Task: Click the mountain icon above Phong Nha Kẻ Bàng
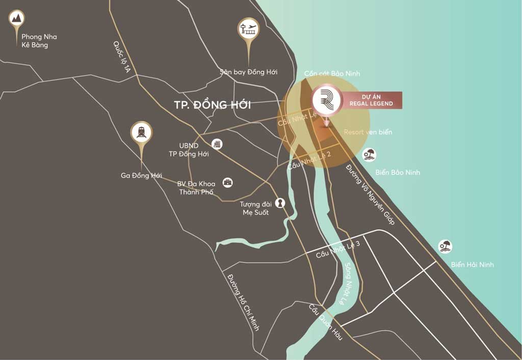(17, 19)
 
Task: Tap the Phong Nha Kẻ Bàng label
(39, 41)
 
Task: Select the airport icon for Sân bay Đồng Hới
(248, 28)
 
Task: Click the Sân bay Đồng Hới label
(249, 72)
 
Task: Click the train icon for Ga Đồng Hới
(141, 132)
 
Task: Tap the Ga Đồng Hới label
(141, 175)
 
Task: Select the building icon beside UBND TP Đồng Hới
(218, 144)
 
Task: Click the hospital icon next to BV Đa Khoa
(227, 182)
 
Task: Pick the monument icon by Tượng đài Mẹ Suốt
(280, 203)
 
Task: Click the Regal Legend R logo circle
(326, 98)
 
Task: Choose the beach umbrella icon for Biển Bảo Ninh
(369, 155)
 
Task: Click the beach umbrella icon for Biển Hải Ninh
(446, 247)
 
